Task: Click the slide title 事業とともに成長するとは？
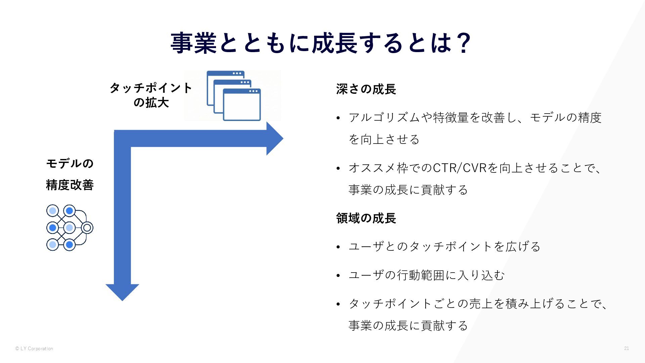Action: (321, 43)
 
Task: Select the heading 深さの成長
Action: (366, 89)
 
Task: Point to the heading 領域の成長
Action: (366, 218)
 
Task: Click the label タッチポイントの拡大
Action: (151, 95)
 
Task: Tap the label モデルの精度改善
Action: (70, 174)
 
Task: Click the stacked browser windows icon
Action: (233, 96)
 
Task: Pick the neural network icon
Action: (70, 228)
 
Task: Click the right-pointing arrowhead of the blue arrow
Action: (275, 138)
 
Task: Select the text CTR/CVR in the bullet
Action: (460, 168)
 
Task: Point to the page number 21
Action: (626, 349)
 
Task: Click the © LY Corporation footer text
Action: (34, 349)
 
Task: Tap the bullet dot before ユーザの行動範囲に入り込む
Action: (339, 276)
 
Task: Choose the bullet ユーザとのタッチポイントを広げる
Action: (444, 247)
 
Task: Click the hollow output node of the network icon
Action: (87, 228)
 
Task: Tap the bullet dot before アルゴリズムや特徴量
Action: (339, 118)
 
